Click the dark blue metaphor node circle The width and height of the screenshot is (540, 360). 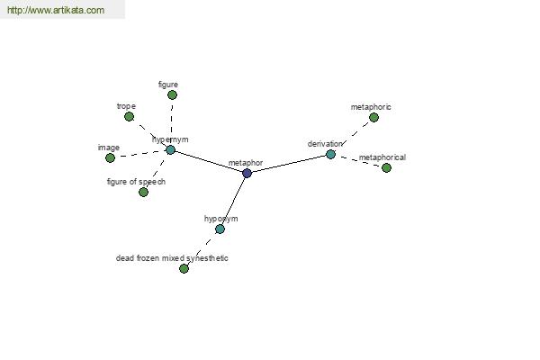(247, 174)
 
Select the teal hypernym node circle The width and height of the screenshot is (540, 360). (170, 150)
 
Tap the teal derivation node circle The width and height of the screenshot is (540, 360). (330, 154)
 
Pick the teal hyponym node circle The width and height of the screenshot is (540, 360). (220, 229)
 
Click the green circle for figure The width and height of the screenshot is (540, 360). (172, 94)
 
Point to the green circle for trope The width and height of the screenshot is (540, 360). (129, 116)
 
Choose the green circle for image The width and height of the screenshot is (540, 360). (110, 157)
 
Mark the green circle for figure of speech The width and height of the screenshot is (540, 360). (143, 192)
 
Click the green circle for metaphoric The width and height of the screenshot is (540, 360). (373, 118)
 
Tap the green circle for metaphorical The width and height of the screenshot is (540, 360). (386, 167)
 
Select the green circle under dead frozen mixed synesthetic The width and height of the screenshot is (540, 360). (184, 268)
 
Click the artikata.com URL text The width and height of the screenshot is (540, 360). (56, 10)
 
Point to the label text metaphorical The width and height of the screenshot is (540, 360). (382, 157)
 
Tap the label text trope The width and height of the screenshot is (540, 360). (126, 106)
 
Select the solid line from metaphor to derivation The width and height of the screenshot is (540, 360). (289, 164)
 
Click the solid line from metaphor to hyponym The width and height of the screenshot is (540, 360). (234, 200)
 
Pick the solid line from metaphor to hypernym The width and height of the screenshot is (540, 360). (209, 162)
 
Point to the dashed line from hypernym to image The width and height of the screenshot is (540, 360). (140, 154)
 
